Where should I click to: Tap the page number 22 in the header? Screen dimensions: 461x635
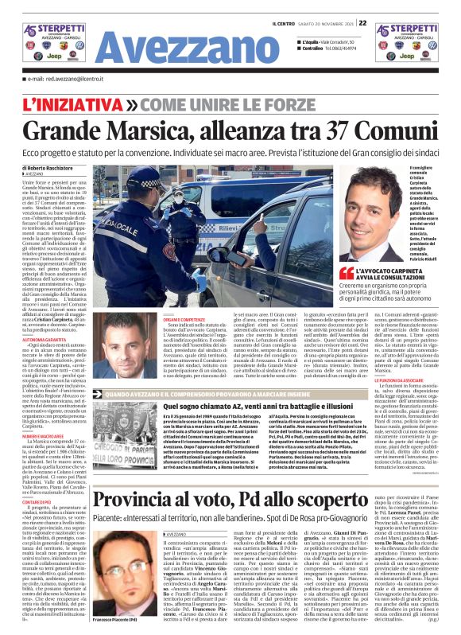pos(362,23)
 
